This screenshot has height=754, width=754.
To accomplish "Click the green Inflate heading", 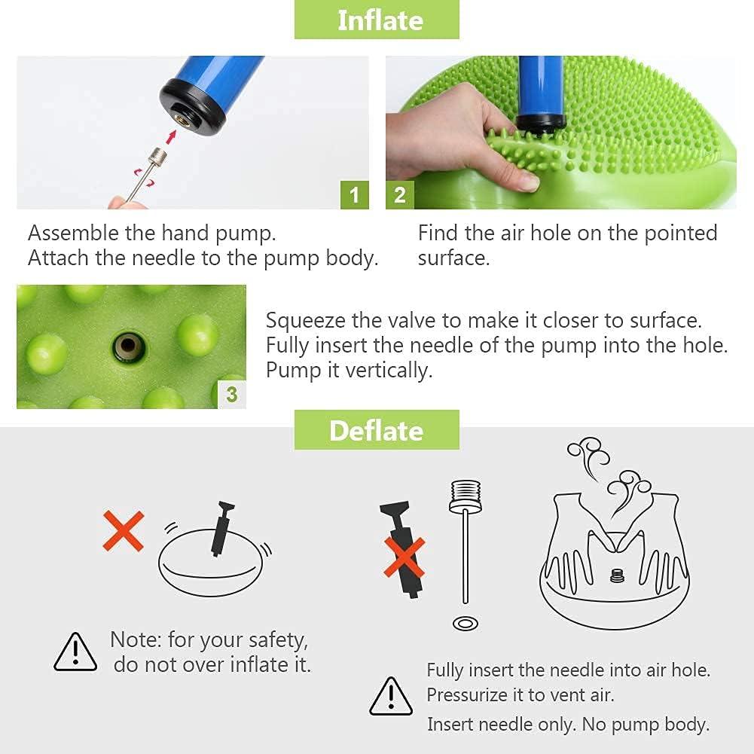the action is tap(377, 20).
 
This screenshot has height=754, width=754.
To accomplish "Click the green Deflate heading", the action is tap(377, 430).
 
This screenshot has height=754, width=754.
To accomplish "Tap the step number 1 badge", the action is tap(354, 195).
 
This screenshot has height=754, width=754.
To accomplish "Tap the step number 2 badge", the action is tap(400, 195).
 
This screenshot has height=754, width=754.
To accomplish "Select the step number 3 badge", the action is tap(232, 394).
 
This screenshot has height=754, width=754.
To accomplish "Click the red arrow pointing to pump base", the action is tap(171, 136).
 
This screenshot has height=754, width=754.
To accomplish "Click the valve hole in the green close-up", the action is tap(128, 346).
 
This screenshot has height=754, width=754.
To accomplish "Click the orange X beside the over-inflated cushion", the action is tap(124, 530).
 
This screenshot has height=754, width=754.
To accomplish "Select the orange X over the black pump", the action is tap(404, 557).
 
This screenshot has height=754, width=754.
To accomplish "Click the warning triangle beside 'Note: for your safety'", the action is tap(75, 652).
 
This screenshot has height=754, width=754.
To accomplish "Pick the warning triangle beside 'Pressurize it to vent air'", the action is tap(391, 696).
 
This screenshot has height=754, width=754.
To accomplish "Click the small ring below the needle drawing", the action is tap(465, 624).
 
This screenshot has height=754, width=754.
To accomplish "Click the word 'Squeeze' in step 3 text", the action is tap(305, 321).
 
